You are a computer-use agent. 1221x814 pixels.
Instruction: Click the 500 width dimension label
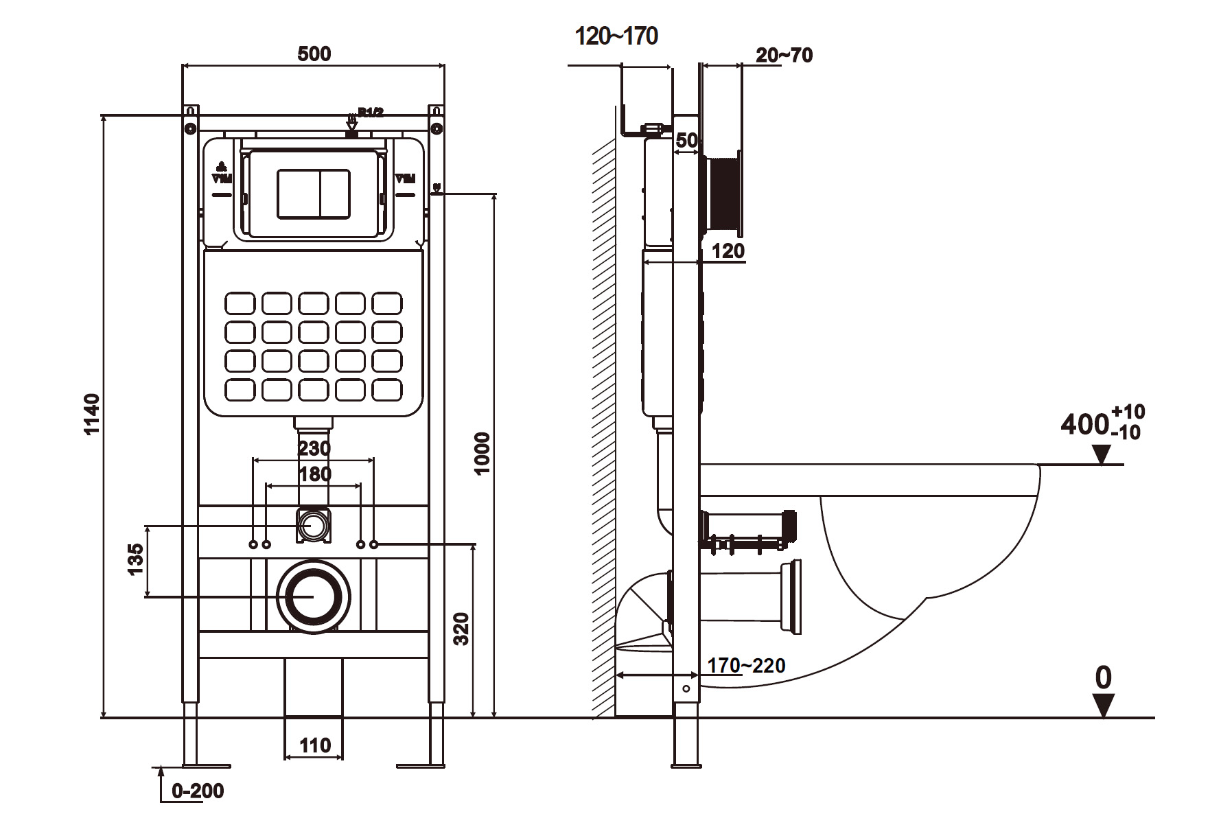point(314,54)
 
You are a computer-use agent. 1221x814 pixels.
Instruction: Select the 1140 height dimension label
point(92,414)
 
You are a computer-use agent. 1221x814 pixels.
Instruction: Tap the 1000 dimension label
point(482,453)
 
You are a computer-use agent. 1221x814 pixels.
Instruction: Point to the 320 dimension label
point(462,628)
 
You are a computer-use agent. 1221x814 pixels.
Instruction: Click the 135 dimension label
point(135,559)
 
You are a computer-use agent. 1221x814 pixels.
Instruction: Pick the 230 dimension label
point(314,448)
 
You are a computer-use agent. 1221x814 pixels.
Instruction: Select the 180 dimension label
point(315,474)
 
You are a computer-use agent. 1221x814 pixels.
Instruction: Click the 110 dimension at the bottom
point(314,745)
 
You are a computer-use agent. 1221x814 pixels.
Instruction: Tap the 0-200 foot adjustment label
point(198,791)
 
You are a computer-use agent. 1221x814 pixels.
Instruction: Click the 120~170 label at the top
point(616,36)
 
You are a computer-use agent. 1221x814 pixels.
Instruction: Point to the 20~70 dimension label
point(784,55)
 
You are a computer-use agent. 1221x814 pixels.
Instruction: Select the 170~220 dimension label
point(746,665)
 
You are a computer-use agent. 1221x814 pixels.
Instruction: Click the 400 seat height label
point(1084,424)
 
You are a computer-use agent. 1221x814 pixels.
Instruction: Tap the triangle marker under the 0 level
point(1103,706)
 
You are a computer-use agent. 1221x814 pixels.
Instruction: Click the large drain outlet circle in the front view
point(314,596)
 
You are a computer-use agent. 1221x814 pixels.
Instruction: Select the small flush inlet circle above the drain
point(314,525)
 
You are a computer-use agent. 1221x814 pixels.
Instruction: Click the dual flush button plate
point(314,194)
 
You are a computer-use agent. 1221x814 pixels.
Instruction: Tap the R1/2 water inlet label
point(371,113)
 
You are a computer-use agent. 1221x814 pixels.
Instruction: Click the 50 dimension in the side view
point(686,141)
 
